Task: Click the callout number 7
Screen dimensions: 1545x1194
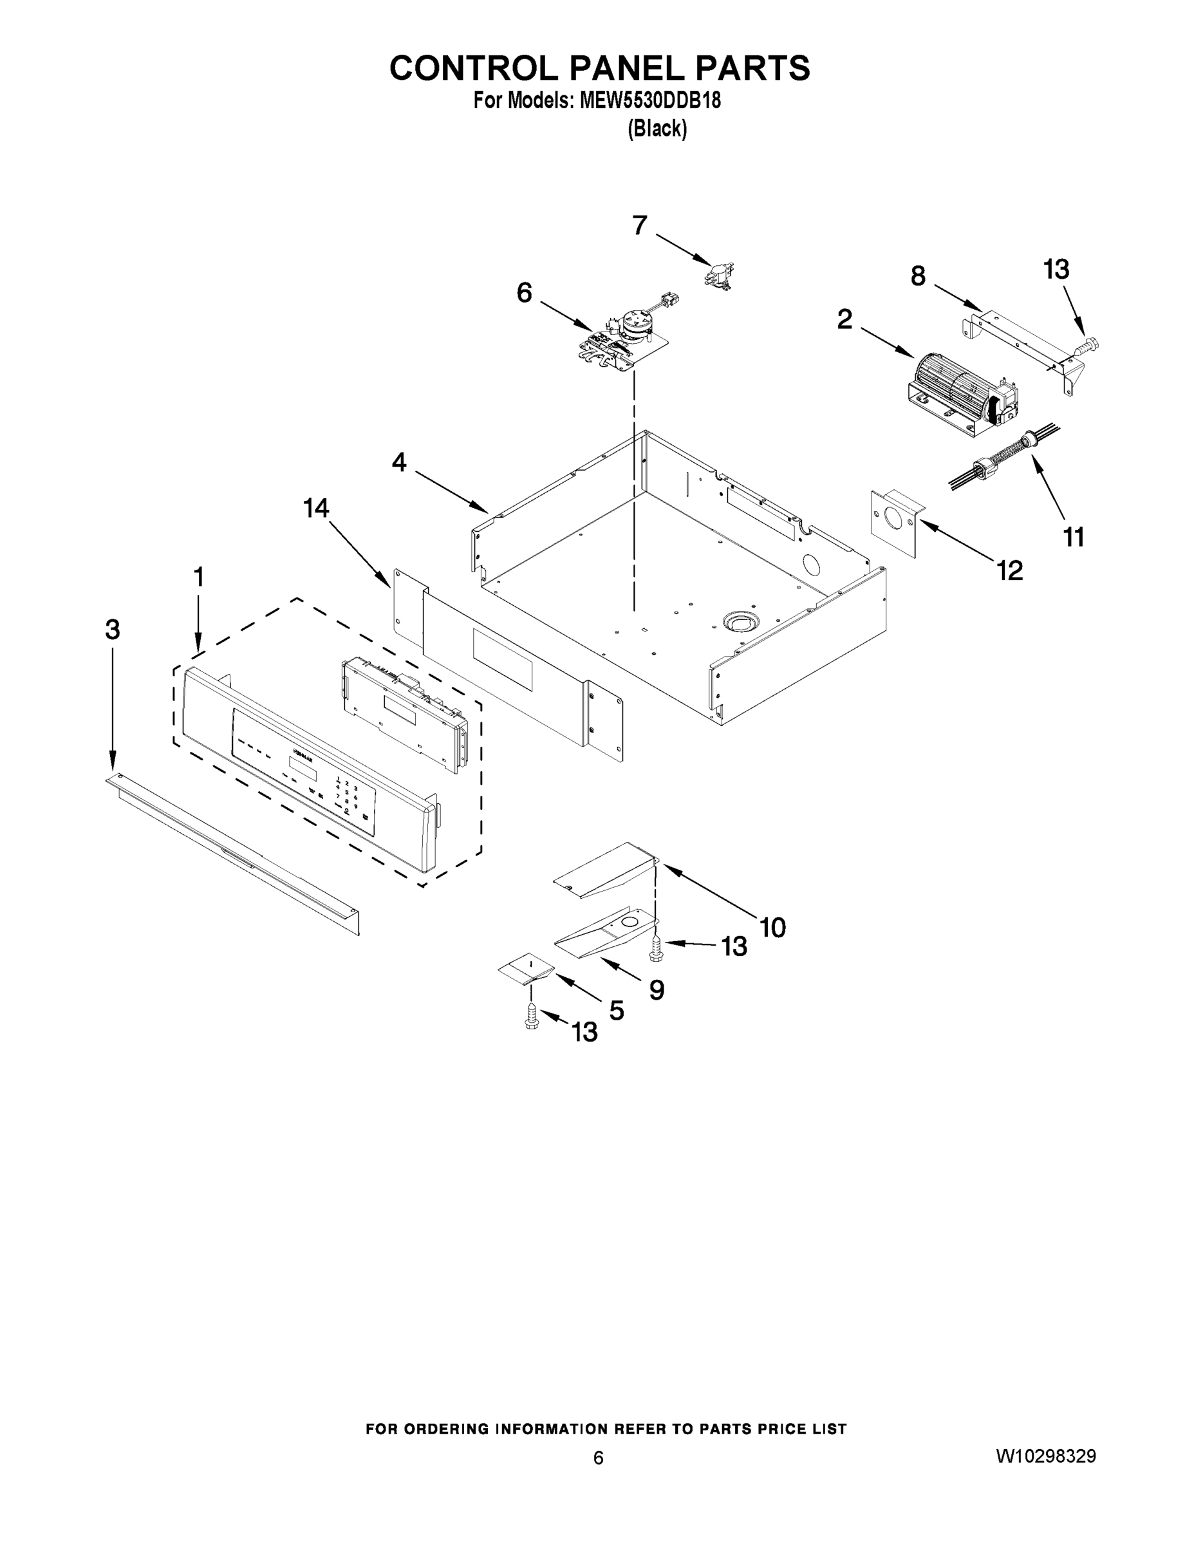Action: click(639, 226)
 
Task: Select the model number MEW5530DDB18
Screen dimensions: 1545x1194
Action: click(650, 101)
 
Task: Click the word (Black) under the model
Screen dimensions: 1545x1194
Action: click(657, 129)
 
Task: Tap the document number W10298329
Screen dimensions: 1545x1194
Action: click(1046, 1456)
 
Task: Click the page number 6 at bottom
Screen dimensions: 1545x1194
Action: click(599, 1457)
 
